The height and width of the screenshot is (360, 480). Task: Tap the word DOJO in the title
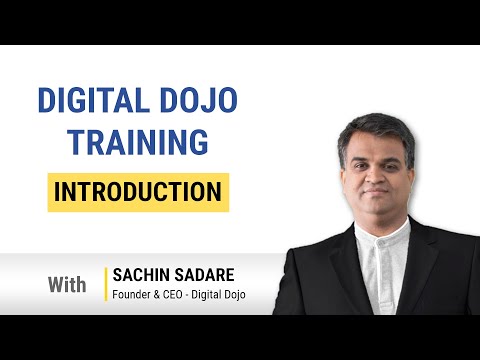point(199,100)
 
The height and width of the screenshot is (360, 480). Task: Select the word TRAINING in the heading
point(138,142)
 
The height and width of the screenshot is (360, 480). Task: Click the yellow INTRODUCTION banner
point(138,192)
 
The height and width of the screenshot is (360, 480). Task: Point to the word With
point(67,285)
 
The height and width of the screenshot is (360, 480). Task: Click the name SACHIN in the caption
point(141,275)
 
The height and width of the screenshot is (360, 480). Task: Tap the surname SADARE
point(204,275)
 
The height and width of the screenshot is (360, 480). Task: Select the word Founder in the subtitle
point(131,295)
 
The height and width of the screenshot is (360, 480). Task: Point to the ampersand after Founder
point(156,295)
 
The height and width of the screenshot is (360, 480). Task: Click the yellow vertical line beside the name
point(106,284)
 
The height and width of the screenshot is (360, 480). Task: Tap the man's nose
point(376,177)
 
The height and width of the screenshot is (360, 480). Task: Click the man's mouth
point(376,192)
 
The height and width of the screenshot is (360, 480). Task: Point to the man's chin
point(377,208)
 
